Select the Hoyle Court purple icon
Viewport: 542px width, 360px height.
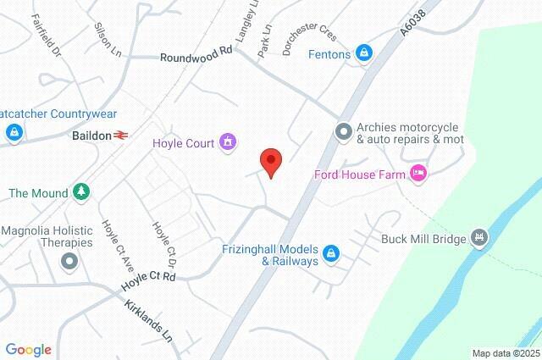pyautogui.click(x=227, y=141)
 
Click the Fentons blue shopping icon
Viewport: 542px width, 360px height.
pyautogui.click(x=363, y=53)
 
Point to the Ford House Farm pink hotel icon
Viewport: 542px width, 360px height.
pyautogui.click(x=418, y=174)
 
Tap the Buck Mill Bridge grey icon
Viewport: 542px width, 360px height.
pyautogui.click(x=480, y=237)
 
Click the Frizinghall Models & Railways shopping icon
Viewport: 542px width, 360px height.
pyautogui.click(x=332, y=252)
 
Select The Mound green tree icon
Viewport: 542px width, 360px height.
pyautogui.click(x=80, y=191)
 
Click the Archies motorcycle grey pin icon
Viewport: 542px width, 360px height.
pyautogui.click(x=343, y=131)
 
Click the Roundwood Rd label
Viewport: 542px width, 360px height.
pyautogui.click(x=196, y=54)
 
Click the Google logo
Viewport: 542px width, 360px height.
pyautogui.click(x=28, y=349)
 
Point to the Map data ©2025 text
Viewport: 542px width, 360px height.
pyautogui.click(x=505, y=353)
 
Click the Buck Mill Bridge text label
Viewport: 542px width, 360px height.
pyautogui.click(x=423, y=239)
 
